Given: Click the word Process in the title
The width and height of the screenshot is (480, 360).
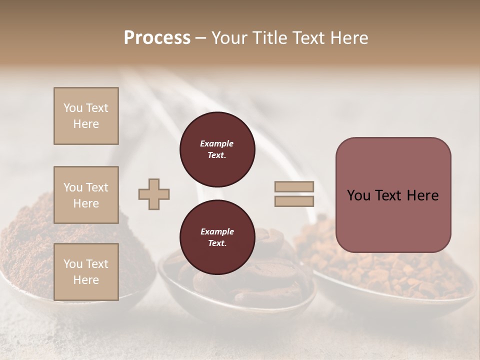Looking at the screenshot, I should [x=157, y=38].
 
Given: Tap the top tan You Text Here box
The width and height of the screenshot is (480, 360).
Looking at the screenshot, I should [x=86, y=116].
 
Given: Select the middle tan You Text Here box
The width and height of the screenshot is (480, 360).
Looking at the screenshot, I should [x=86, y=195].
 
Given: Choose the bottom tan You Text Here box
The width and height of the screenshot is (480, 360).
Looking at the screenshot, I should [x=86, y=271].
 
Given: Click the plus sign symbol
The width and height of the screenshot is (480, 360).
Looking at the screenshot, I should [x=154, y=194].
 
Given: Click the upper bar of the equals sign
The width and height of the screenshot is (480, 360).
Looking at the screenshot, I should [x=294, y=187].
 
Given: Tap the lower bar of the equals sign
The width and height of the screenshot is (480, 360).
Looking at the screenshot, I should [x=294, y=201].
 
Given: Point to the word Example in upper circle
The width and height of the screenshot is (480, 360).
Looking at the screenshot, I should [x=217, y=143].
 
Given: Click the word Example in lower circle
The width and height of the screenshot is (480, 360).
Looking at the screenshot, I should [x=217, y=231].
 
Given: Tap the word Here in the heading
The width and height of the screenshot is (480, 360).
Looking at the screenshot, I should [x=350, y=38].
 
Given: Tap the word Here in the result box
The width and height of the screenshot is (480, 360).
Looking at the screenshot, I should [x=422, y=195].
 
